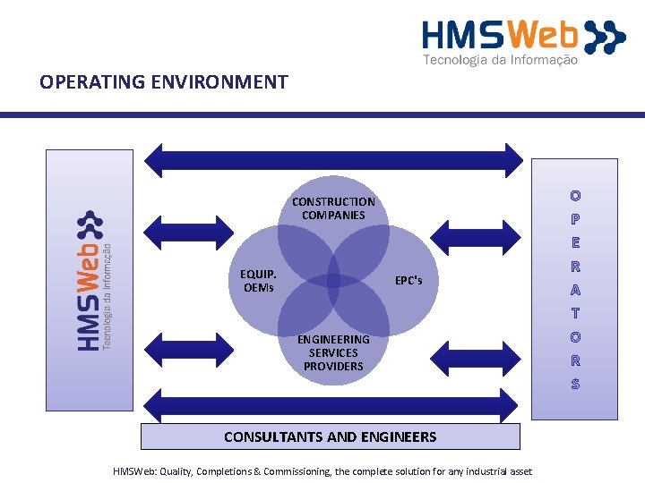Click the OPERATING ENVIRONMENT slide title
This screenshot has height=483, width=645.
pyautogui.click(x=164, y=82)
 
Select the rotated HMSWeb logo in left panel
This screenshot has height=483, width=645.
pyautogui.click(x=90, y=280)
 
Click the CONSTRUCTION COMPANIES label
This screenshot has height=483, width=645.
pyautogui.click(x=333, y=208)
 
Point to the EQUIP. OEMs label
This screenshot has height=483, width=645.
pyautogui.click(x=258, y=281)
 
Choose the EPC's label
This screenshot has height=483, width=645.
pyautogui.click(x=408, y=281)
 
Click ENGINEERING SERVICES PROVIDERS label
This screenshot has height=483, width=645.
pyautogui.click(x=333, y=352)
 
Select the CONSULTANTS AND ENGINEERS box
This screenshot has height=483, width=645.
pyautogui.click(x=331, y=436)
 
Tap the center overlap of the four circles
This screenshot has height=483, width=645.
pyautogui.click(x=333, y=281)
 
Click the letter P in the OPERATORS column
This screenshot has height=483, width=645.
pyautogui.click(x=575, y=218)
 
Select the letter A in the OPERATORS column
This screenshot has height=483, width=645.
pyautogui.click(x=575, y=290)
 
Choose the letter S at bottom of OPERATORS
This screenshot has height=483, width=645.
pyautogui.click(x=575, y=385)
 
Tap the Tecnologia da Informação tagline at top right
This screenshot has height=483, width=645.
pyautogui.click(x=500, y=60)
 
